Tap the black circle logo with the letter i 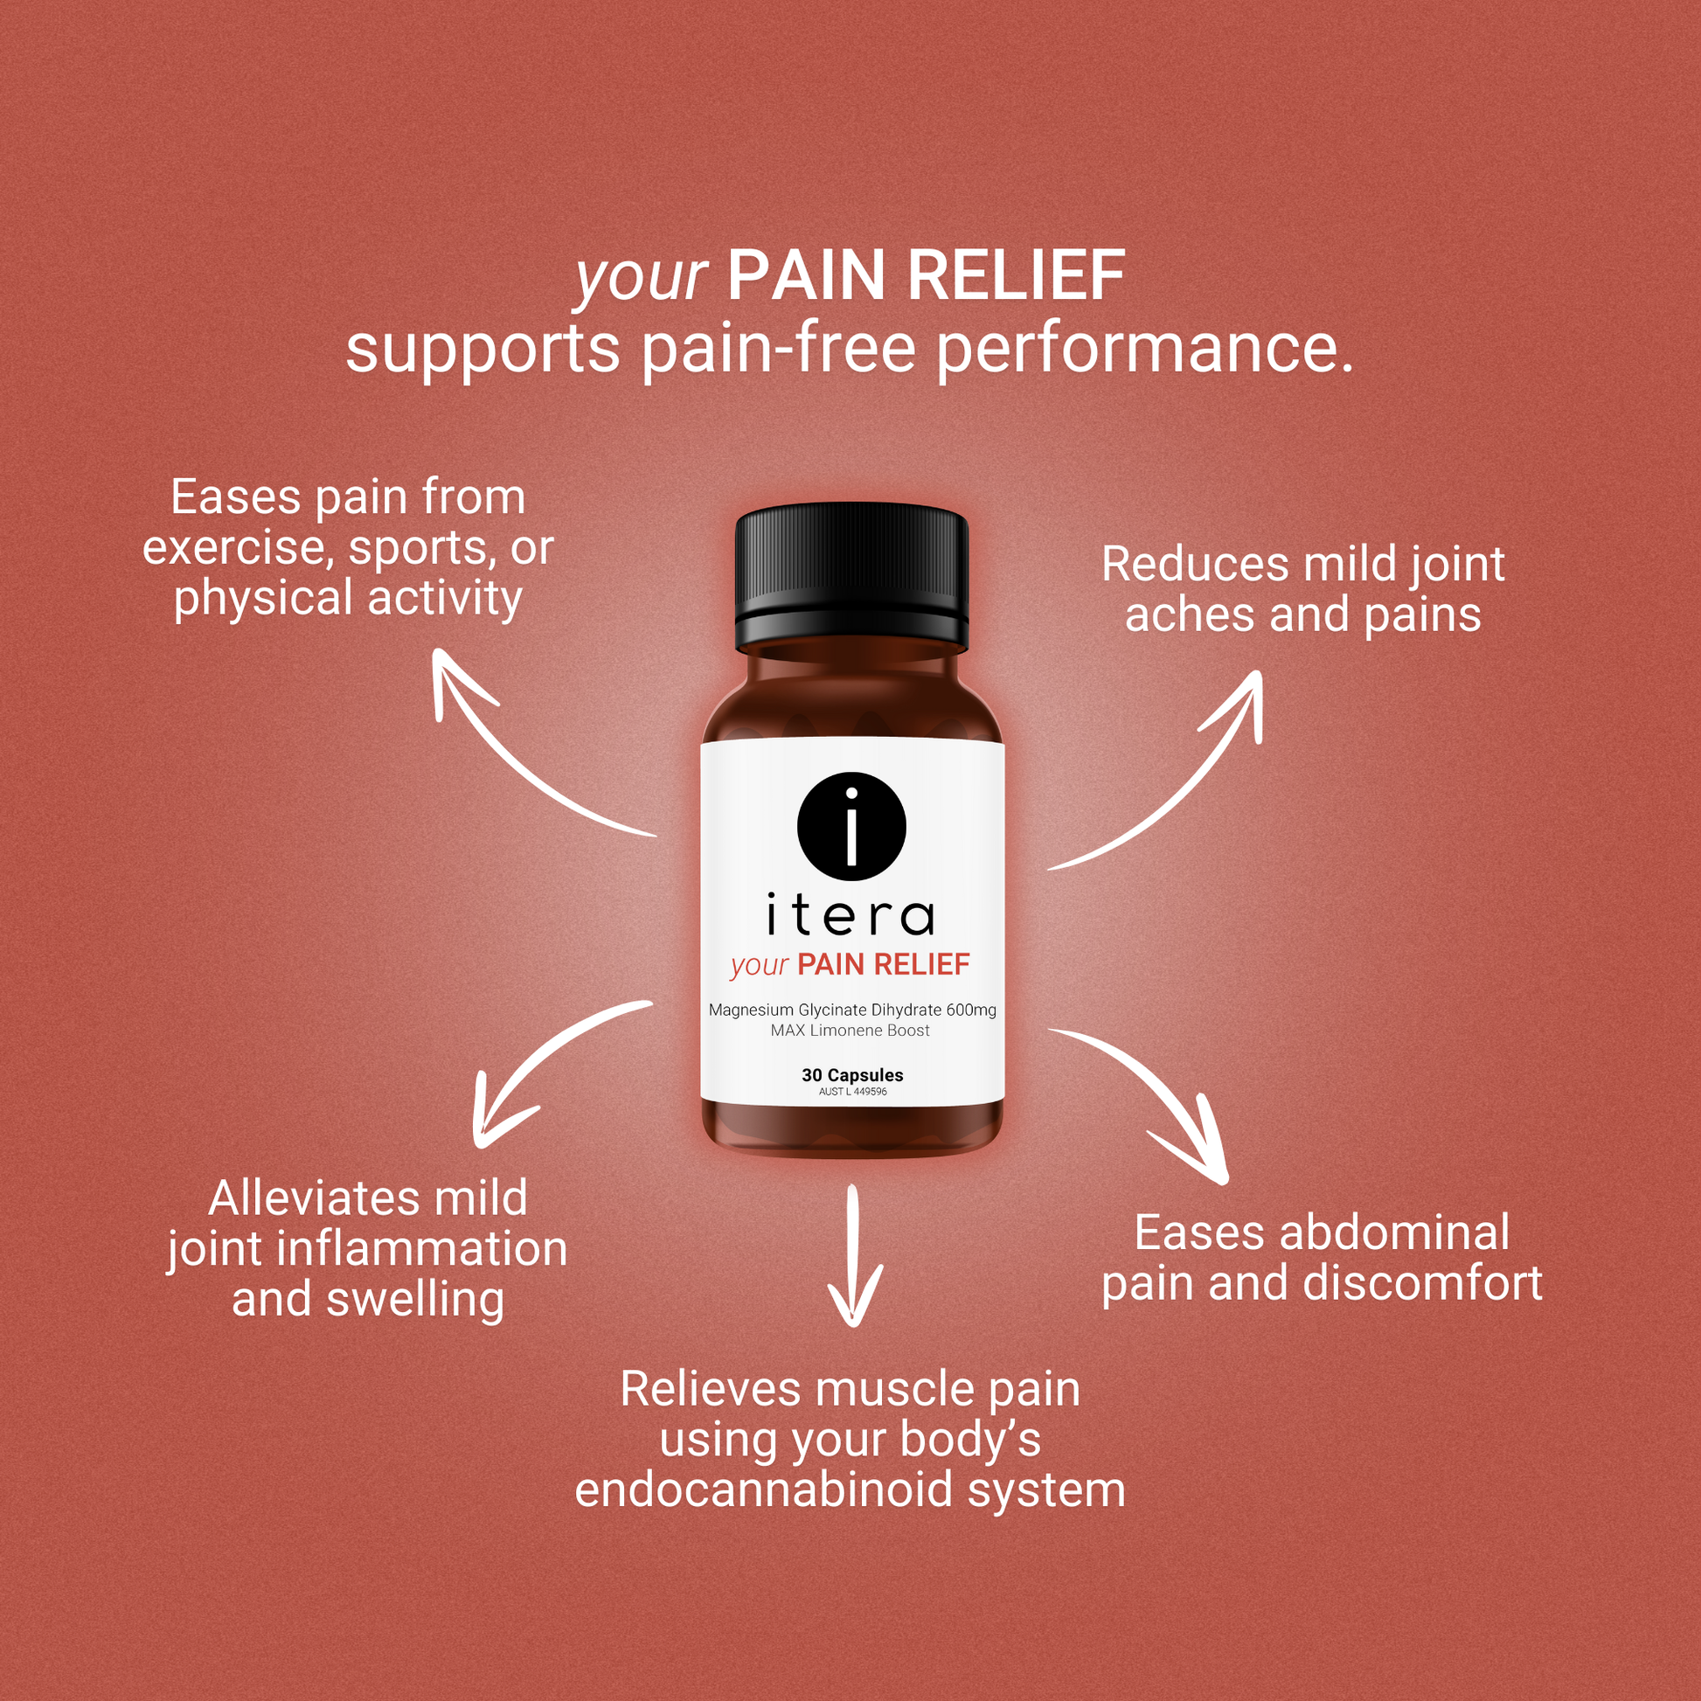[x=851, y=826]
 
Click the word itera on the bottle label [x=850, y=917]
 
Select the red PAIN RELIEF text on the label [x=883, y=965]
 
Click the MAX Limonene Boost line [x=850, y=1030]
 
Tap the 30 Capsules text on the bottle [x=852, y=1075]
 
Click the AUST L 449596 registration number [x=852, y=1092]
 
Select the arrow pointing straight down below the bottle [x=853, y=1254]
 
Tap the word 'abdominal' [x=1394, y=1232]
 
